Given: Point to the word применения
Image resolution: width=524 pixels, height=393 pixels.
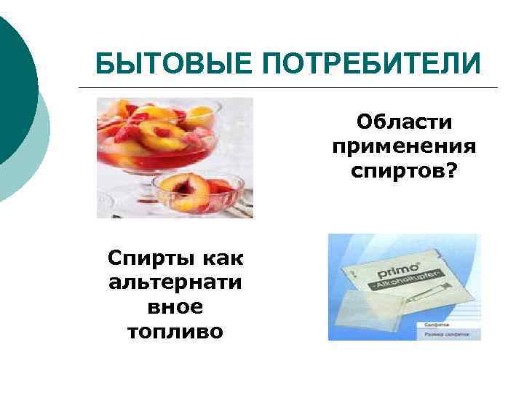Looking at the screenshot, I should [405, 147].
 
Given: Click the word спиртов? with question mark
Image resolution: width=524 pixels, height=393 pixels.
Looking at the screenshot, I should [405, 173].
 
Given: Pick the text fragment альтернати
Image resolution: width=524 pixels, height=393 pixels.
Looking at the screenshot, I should [175, 282].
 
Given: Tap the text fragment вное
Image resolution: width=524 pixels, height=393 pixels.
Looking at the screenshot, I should [175, 307].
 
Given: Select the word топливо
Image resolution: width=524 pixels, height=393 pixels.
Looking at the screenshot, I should [175, 332].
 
